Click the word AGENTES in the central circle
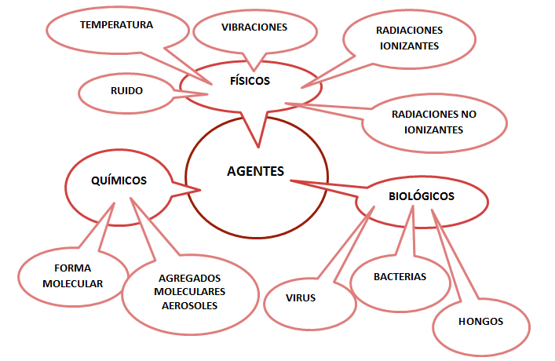point(254,170)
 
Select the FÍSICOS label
point(250,80)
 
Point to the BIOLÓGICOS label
point(422,196)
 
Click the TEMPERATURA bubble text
point(116,25)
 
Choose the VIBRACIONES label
point(254,27)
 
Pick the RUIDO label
point(126,90)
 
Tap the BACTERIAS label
point(400,277)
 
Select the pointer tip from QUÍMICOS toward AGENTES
point(201,189)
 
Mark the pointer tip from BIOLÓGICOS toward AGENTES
point(290,180)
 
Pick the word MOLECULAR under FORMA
point(72,283)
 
